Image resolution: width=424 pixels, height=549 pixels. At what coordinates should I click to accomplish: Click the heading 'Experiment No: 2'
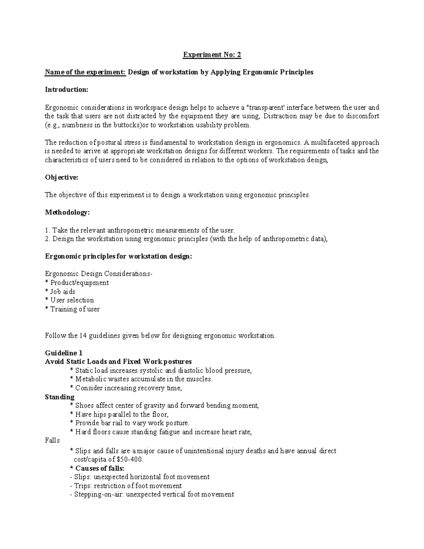(212, 55)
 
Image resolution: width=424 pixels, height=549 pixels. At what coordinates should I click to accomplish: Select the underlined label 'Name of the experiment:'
(85, 72)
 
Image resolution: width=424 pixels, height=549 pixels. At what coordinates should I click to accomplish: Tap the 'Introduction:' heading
(66, 89)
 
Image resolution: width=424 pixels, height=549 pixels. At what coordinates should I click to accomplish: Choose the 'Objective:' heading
(61, 177)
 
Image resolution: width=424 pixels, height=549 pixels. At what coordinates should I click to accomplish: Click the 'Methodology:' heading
(67, 212)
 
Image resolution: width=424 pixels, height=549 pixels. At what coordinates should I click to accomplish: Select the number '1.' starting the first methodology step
(48, 230)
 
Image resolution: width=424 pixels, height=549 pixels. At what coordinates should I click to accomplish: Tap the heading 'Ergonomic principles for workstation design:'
(118, 256)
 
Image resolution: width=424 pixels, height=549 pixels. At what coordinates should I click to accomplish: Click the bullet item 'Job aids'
(63, 292)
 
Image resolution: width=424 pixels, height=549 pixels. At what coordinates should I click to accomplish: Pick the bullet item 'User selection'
(72, 300)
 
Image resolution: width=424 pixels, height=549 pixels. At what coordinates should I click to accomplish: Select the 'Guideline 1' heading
(64, 353)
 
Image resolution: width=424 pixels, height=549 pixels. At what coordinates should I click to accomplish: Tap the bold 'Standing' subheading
(60, 397)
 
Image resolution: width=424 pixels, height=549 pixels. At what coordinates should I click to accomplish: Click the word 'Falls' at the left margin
(52, 440)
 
